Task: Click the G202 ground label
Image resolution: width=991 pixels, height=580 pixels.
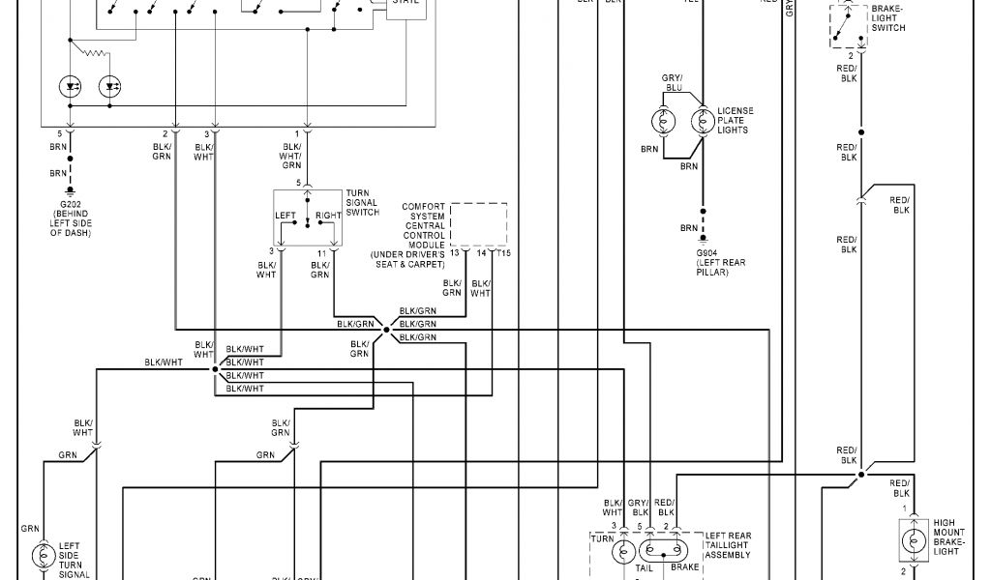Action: tap(70, 205)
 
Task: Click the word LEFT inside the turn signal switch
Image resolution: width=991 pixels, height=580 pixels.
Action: tap(285, 215)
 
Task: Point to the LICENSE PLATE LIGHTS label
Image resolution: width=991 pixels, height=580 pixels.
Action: tap(735, 121)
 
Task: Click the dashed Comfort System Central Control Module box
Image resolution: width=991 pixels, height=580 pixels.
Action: tap(478, 223)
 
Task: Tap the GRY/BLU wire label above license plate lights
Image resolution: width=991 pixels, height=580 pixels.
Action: tap(672, 82)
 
